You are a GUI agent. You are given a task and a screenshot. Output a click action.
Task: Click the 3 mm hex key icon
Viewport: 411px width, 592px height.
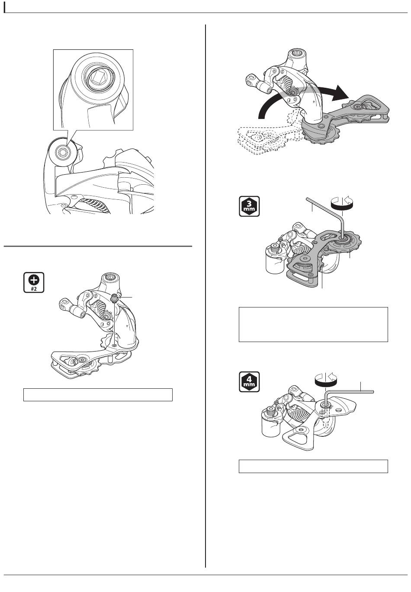coord(249,206)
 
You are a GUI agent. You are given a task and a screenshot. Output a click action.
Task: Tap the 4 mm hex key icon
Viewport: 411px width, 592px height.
coord(249,382)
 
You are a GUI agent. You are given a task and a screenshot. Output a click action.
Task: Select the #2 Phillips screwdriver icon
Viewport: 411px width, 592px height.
coord(34,282)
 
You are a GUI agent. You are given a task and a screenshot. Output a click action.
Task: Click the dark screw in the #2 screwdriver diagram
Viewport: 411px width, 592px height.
coord(115,298)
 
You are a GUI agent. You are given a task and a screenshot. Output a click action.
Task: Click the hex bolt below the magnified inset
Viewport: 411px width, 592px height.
coord(62,153)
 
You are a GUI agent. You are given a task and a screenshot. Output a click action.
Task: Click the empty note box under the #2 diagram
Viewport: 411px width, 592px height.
coord(98,394)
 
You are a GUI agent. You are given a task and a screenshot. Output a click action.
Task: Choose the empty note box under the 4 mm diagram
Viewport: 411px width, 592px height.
coord(313,466)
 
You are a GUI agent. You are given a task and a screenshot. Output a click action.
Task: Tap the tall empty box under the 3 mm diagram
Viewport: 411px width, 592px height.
coord(313,324)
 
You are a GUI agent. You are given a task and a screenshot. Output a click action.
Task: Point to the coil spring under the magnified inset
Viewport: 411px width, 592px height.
coord(96,205)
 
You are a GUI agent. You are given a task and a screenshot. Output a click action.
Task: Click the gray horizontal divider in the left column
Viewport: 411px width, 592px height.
coord(98,246)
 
